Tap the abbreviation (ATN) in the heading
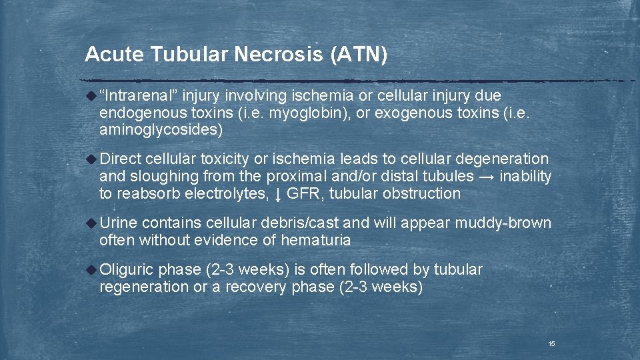(x=359, y=55)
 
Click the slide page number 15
(x=551, y=343)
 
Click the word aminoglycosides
(x=161, y=130)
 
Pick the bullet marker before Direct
(x=92, y=159)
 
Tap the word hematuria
(x=316, y=240)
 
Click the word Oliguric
(x=127, y=269)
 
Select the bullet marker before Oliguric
(x=92, y=269)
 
